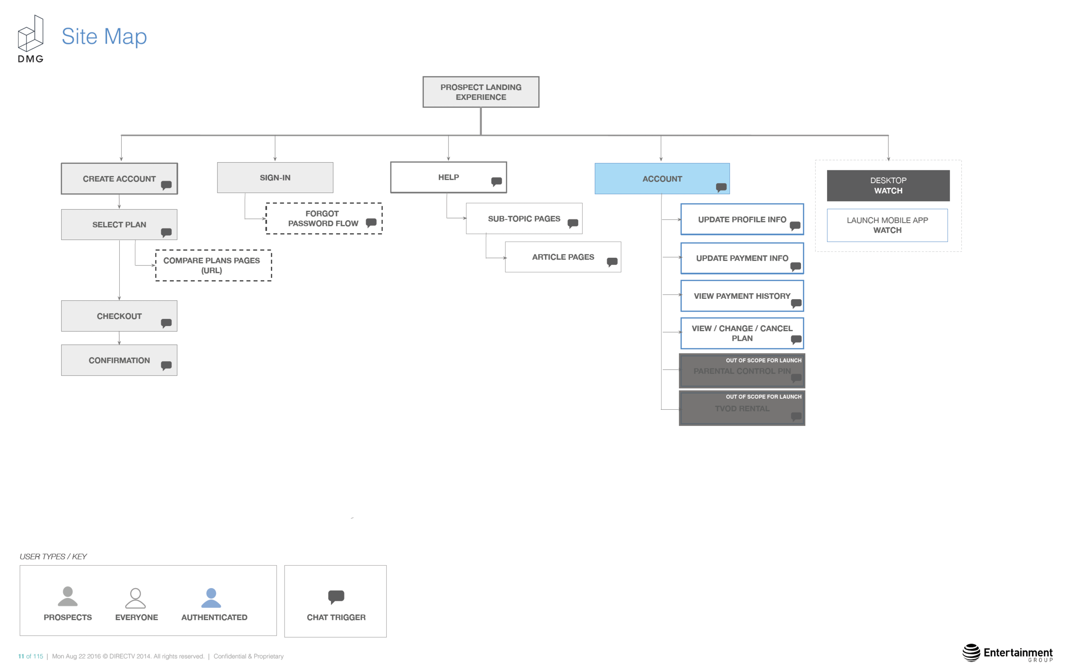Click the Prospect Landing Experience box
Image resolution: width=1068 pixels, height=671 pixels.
pos(481,92)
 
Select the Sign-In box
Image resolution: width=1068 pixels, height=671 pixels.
pos(275,177)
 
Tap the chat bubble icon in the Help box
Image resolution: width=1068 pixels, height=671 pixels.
pos(496,181)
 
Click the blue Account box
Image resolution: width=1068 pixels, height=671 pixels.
pos(662,178)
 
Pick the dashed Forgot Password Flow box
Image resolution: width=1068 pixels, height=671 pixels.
pos(324,219)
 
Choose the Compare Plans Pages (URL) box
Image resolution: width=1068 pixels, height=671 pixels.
pos(213,265)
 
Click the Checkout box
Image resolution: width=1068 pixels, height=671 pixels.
pos(119,316)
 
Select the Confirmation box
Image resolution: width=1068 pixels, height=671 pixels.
pos(119,360)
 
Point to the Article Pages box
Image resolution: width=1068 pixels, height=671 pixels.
pos(563,257)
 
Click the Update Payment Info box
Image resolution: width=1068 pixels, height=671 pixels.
pos(742,258)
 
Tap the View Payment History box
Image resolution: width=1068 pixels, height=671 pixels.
pos(742,296)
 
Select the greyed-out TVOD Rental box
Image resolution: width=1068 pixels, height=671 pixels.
pos(742,408)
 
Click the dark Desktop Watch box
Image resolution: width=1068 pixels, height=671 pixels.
pos(888,185)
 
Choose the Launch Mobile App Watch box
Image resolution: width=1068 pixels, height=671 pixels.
pos(887,225)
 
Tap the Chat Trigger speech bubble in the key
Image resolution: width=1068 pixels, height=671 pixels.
pos(336,597)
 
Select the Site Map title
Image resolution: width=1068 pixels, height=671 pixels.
pos(104,36)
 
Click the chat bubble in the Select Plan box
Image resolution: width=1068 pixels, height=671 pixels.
pos(166,232)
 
